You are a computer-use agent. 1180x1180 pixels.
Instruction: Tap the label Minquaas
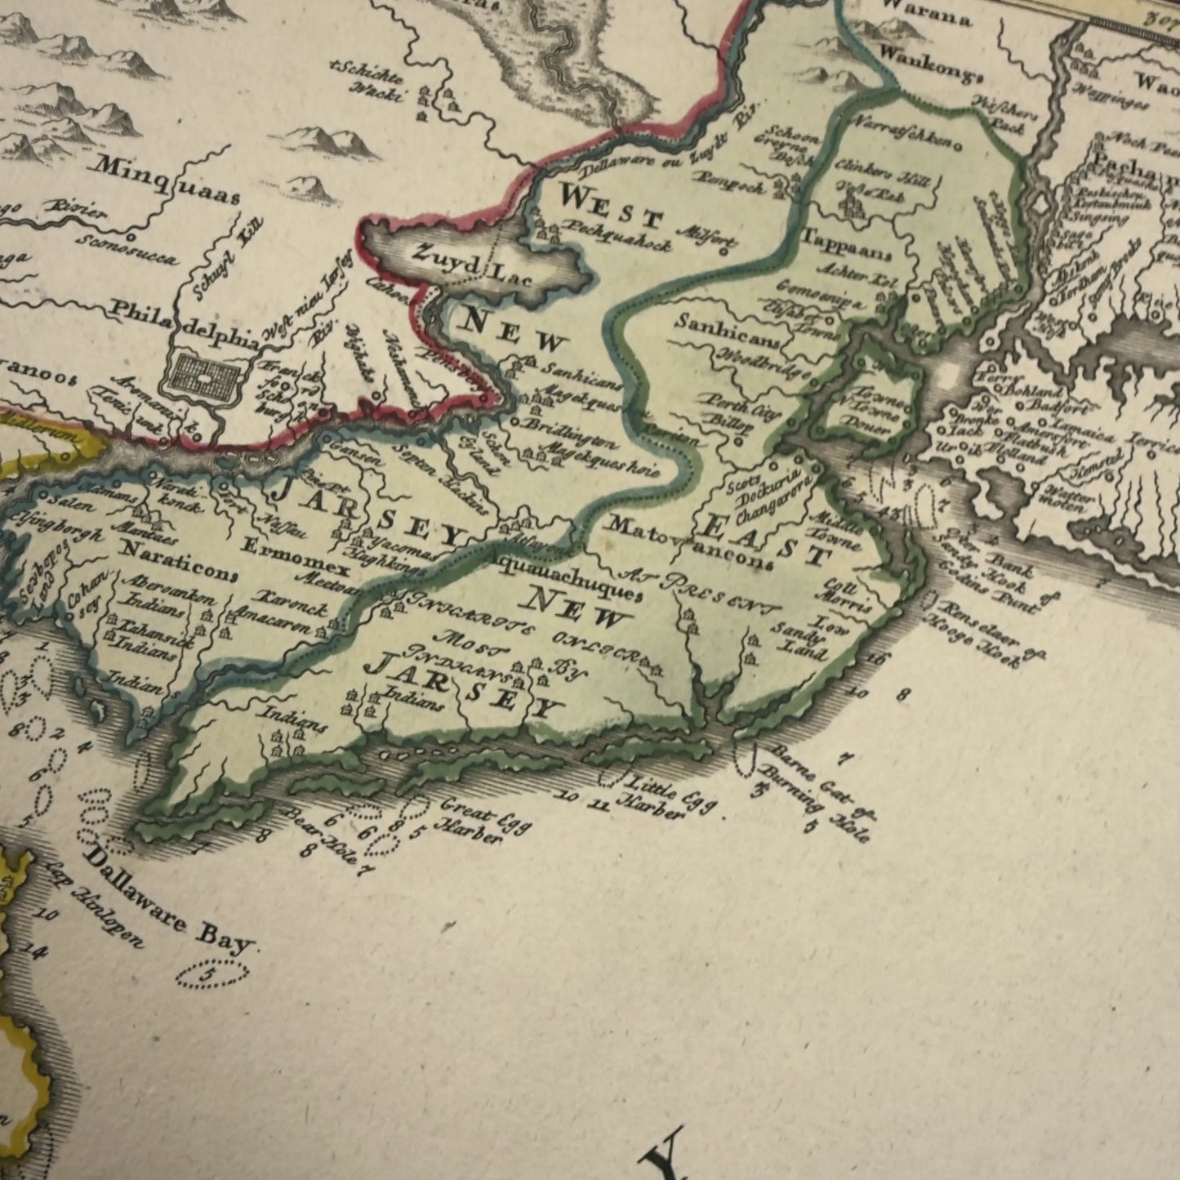[167, 178]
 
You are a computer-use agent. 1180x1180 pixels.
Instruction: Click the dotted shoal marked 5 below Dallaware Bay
[212, 973]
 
